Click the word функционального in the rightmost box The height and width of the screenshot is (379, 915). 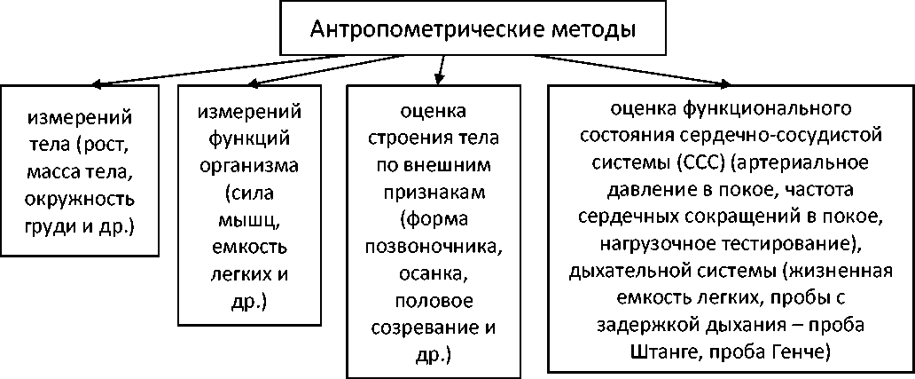[x=768, y=112]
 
